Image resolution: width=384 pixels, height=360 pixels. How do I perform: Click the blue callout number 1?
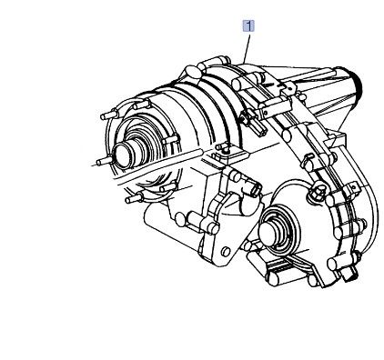248,26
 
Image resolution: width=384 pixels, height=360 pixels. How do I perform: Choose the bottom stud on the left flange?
136,196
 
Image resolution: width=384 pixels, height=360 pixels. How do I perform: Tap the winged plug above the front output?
318,192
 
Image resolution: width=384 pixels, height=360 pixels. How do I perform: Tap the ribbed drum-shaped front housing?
182,118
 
